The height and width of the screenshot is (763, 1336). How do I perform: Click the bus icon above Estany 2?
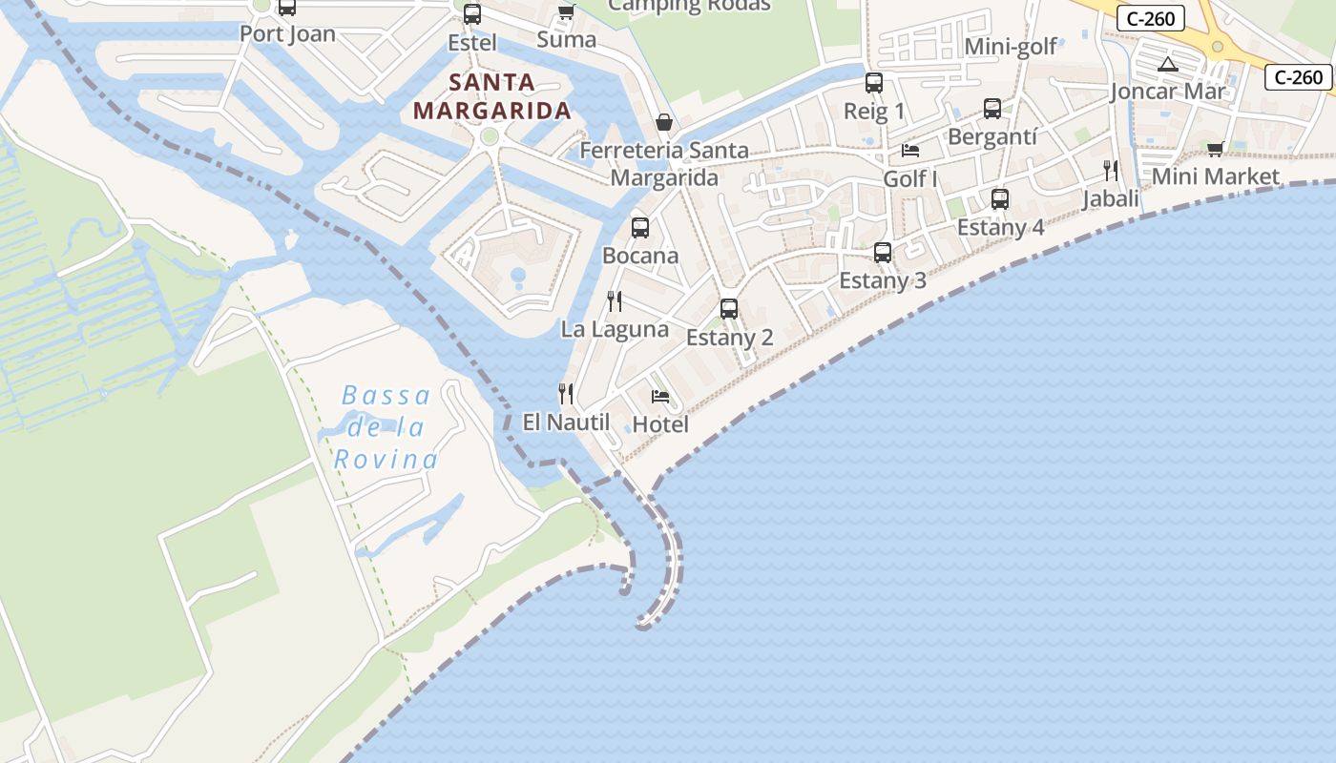tap(729, 309)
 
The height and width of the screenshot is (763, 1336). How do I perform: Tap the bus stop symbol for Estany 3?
tap(883, 253)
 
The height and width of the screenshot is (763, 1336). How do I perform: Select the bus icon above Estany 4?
tap(1000, 199)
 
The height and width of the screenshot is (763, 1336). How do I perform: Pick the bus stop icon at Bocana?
tap(640, 228)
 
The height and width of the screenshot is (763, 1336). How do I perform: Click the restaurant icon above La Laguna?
tap(615, 301)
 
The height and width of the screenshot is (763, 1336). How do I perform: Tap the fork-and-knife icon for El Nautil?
tap(566, 393)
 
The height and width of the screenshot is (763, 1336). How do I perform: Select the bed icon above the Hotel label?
tap(659, 397)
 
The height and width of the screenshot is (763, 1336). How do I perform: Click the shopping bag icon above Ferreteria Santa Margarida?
tap(664, 122)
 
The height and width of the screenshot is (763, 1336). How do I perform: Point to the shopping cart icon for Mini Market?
tap(1215, 149)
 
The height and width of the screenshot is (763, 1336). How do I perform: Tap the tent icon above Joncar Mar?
tap(1167, 65)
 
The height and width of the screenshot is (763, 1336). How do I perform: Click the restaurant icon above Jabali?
tap(1111, 171)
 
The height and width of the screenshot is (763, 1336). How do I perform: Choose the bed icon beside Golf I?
tap(910, 151)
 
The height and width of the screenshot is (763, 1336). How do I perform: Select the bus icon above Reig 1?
tap(874, 83)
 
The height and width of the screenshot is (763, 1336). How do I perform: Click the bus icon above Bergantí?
tap(992, 109)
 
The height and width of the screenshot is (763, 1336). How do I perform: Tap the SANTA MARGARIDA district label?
tap(491, 96)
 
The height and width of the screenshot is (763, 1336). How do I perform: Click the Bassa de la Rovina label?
tap(386, 427)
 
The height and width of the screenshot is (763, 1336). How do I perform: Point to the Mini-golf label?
tap(1011, 47)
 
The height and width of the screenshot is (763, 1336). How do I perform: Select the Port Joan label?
tap(287, 33)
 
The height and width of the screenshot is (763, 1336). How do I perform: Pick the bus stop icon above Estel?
tap(472, 14)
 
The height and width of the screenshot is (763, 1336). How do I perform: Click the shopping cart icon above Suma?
tap(567, 11)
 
